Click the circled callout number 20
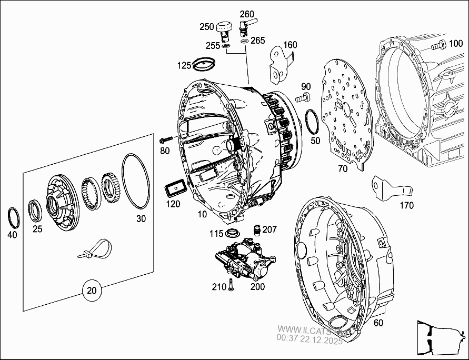tap(92, 289)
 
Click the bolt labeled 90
tap(302, 97)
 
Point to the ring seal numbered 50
tap(311, 122)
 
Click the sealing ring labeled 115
tap(232, 233)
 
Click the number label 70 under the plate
tap(342, 169)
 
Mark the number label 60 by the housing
tap(378, 323)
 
